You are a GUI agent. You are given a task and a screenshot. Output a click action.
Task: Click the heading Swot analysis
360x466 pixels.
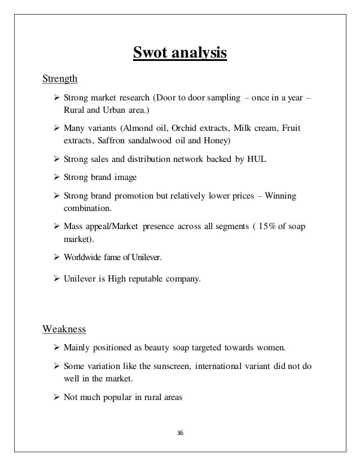coord(179,54)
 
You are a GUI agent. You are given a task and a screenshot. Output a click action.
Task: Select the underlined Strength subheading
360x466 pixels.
coord(60,78)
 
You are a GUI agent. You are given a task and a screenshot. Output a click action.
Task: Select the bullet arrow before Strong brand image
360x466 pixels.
coord(56,177)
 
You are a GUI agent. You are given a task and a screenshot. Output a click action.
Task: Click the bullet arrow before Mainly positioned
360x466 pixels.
coord(56,346)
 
